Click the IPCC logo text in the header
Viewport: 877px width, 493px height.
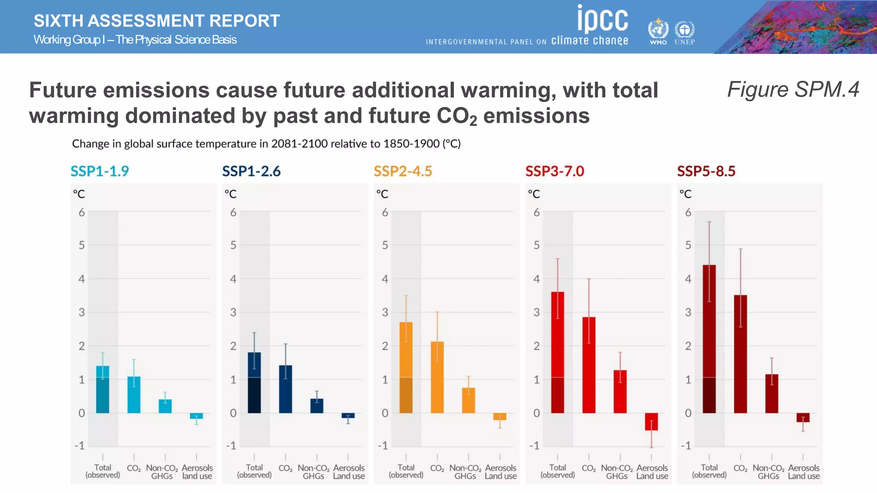coord(603,20)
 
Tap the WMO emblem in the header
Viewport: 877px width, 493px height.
coord(658,30)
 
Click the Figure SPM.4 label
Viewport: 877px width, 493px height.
coord(793,90)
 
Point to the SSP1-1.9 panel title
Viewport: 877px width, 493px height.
coord(99,171)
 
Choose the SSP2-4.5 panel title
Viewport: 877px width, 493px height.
coord(403,171)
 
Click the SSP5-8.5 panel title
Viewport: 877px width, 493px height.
coord(706,171)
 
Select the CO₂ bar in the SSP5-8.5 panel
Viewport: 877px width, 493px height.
coord(740,355)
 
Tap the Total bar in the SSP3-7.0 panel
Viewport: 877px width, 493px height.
coord(558,353)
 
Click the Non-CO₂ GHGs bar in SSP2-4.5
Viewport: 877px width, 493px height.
coord(468,401)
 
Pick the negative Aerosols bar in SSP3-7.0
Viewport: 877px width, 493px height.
coord(651,422)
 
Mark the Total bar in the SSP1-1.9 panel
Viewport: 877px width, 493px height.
coord(103,389)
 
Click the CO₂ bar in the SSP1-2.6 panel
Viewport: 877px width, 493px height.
coord(286,389)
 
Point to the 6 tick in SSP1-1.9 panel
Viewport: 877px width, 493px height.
coord(81,212)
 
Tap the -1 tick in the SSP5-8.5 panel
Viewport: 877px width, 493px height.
coord(686,446)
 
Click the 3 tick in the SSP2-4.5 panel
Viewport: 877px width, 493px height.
coord(385,312)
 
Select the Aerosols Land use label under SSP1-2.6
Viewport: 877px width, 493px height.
coord(349,472)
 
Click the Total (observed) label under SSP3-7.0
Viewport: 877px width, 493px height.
coord(558,471)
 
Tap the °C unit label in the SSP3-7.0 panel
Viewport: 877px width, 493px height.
coord(534,194)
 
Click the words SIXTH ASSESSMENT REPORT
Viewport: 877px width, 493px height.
coord(157,21)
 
